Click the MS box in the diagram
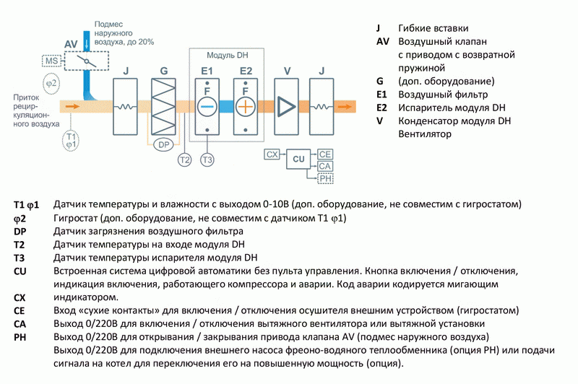[51, 61]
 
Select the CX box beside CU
[272, 154]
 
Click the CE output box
[325, 154]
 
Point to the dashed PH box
[325, 178]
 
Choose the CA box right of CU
[325, 166]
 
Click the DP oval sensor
[163, 144]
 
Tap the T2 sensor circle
[184, 159]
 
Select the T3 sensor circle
[207, 159]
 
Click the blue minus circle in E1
[207, 106]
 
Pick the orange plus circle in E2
[246, 106]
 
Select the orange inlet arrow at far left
[71, 106]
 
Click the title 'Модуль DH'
[227, 56]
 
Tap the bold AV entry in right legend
[383, 41]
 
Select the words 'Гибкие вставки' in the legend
[429, 27]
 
